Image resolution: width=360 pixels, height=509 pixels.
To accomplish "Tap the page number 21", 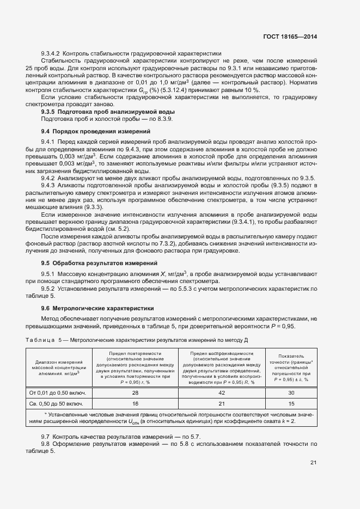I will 313,463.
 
